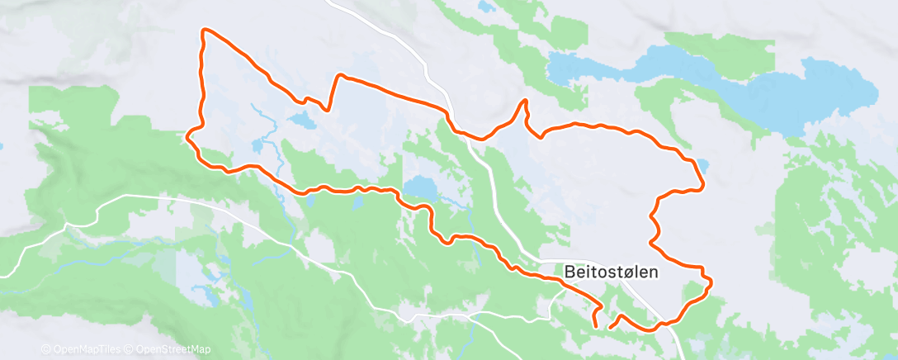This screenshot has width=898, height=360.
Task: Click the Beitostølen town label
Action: [x=612, y=271]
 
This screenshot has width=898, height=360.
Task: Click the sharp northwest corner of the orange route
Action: [x=205, y=31]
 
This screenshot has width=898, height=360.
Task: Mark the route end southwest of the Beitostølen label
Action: [x=610, y=328]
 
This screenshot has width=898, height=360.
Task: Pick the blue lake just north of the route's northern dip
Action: [x=302, y=122]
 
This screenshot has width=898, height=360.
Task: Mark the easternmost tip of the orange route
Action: [x=711, y=283]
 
